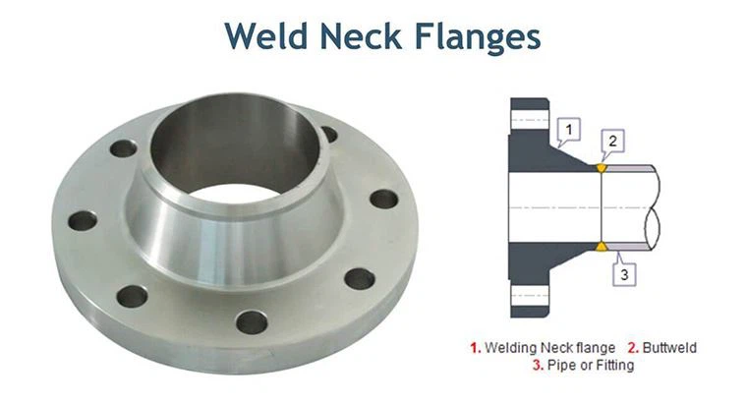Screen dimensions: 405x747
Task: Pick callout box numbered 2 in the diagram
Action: pyautogui.click(x=611, y=142)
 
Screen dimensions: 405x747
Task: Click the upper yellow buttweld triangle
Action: pyautogui.click(x=602, y=168)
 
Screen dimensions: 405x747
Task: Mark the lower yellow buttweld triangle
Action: pyautogui.click(x=602, y=246)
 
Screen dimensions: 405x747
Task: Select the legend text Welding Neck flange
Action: pyautogui.click(x=550, y=347)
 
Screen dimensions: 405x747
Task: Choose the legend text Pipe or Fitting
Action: pyautogui.click(x=590, y=365)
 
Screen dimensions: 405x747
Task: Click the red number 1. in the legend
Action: pyautogui.click(x=476, y=347)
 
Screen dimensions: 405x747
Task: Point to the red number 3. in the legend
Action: pyautogui.click(x=538, y=365)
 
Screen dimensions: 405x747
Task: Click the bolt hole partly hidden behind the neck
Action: pyautogui.click(x=328, y=134)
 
